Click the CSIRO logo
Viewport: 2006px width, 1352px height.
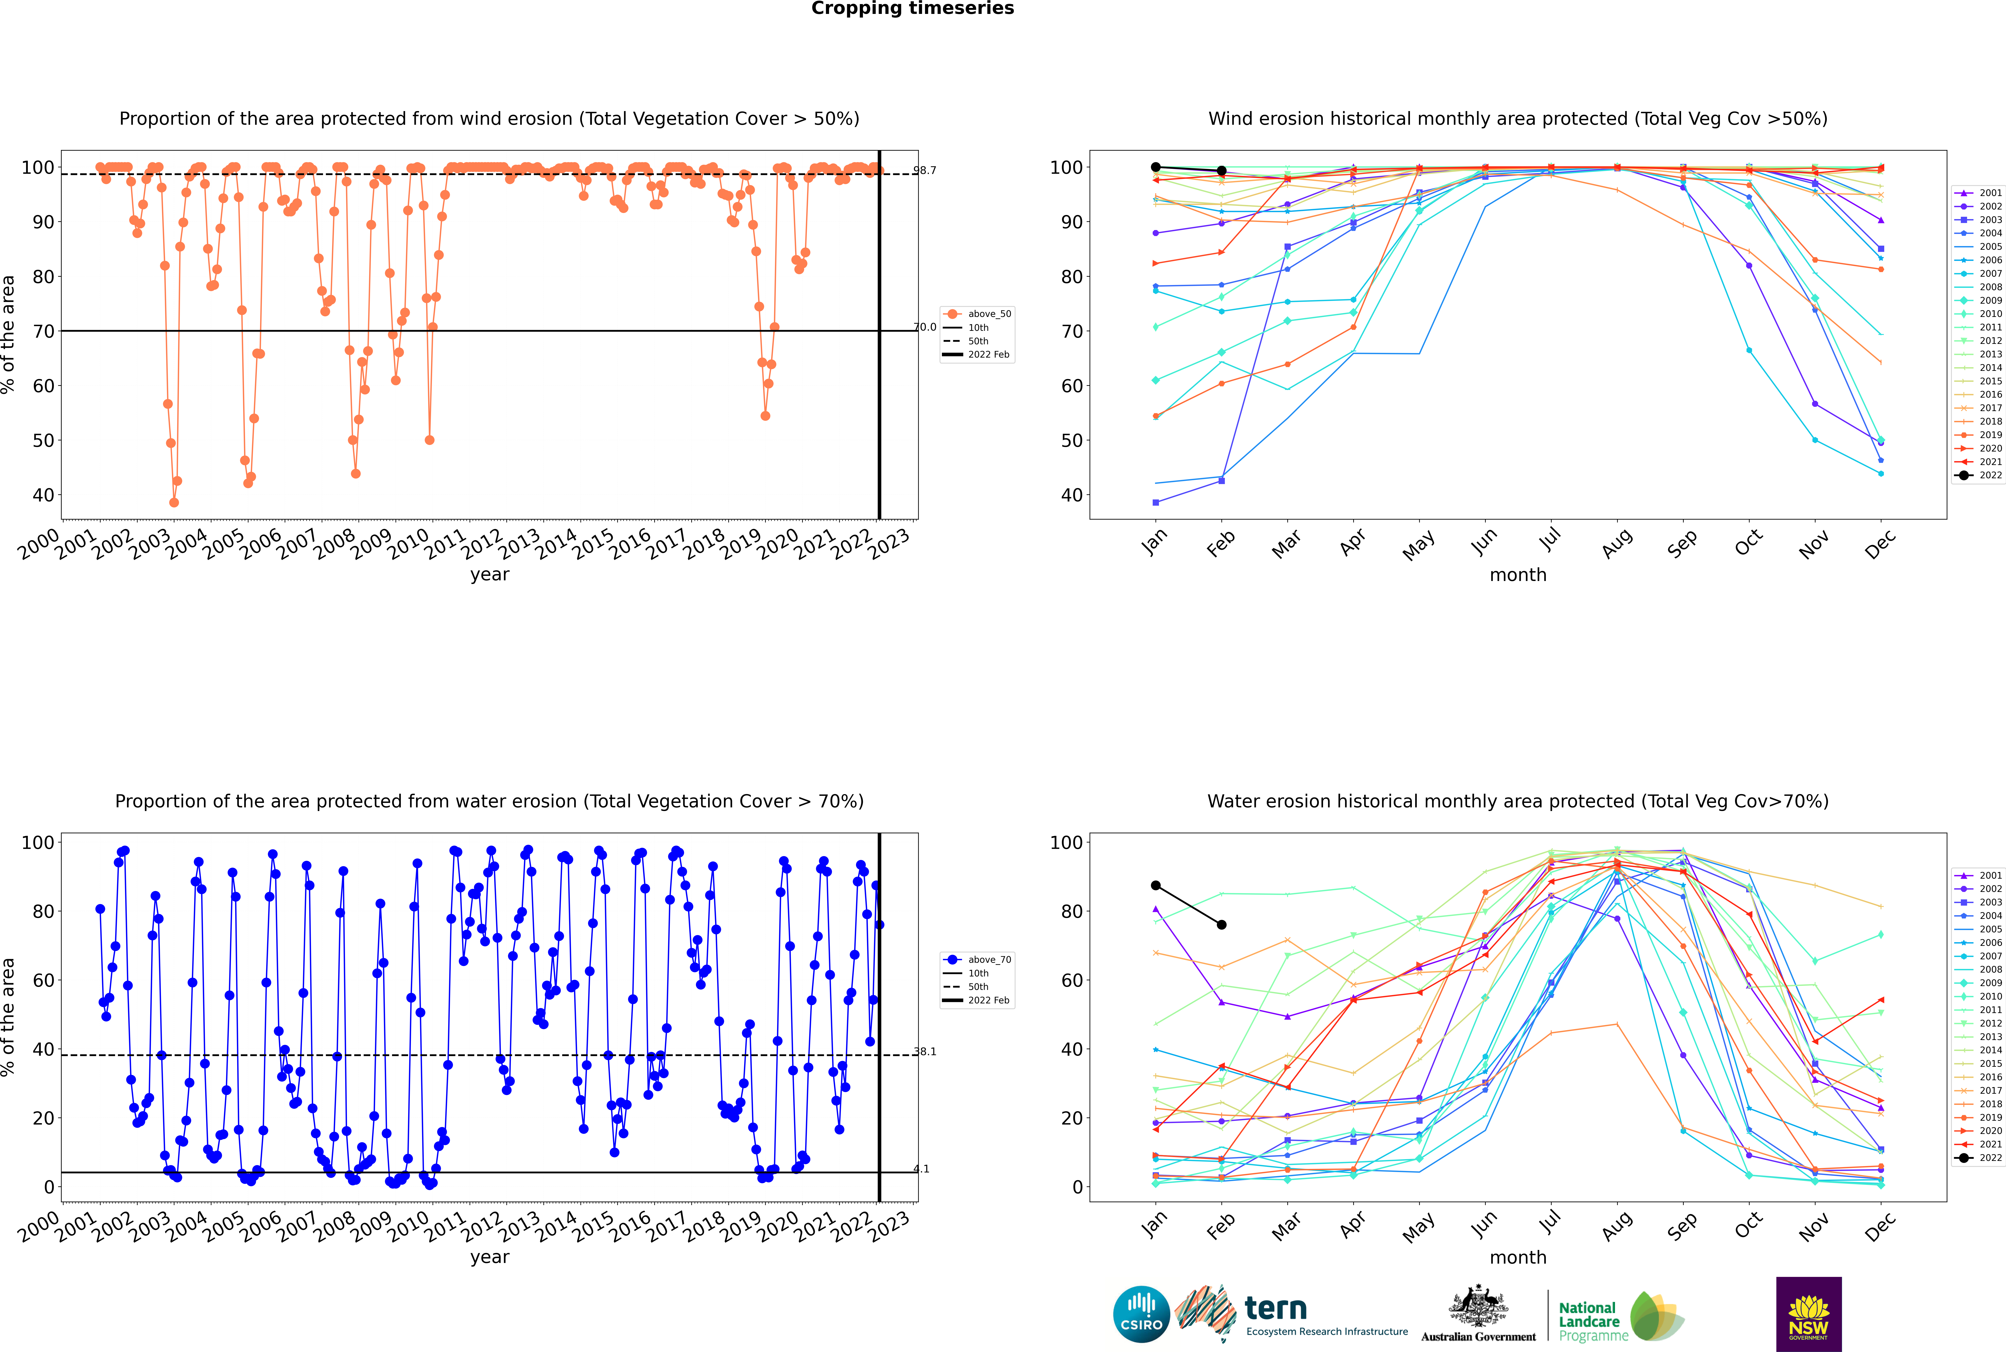tap(1141, 1314)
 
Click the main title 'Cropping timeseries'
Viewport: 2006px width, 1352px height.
tap(912, 9)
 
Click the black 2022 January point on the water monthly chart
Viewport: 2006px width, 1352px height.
tap(1156, 885)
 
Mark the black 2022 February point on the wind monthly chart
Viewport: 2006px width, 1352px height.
tap(1221, 171)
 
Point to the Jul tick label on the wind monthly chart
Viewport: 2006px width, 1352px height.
tap(1550, 540)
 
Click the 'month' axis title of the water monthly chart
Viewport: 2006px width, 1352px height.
tap(1518, 1257)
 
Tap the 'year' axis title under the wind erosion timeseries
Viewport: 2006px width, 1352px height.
tap(490, 574)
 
